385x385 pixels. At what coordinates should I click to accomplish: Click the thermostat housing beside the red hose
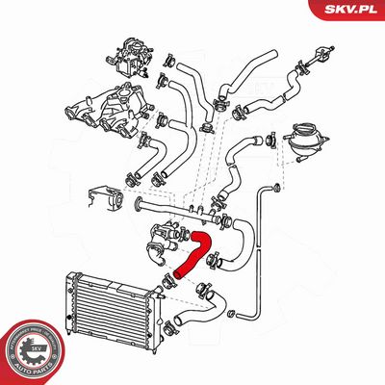click(x=160, y=241)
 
